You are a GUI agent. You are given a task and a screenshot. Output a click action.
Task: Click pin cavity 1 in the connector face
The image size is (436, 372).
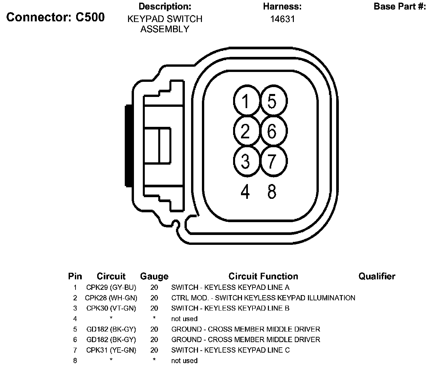click(245, 101)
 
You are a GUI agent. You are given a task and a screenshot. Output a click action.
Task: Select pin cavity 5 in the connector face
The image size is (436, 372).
click(272, 101)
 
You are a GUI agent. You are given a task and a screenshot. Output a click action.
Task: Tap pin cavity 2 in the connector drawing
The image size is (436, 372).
click(245, 131)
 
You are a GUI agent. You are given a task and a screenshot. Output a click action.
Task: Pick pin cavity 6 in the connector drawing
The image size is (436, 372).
click(272, 131)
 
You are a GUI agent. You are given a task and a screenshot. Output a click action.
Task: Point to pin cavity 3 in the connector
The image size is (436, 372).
click(245, 161)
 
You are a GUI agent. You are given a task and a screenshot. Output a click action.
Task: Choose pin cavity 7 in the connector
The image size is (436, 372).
click(272, 161)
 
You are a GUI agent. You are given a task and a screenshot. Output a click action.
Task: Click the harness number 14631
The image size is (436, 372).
click(282, 19)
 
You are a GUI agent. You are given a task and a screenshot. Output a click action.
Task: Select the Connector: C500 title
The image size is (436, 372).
click(55, 17)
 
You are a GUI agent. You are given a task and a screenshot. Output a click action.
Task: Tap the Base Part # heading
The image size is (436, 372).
click(400, 7)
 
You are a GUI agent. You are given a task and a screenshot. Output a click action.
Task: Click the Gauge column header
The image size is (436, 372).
click(154, 276)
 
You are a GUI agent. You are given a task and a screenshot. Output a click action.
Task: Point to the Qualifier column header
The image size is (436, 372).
click(377, 276)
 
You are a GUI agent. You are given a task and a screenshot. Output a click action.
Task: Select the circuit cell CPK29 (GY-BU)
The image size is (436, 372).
click(111, 288)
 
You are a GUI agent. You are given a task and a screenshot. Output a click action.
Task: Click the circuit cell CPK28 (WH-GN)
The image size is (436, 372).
click(111, 298)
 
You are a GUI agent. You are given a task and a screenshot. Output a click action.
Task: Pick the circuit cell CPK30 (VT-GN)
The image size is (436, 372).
click(111, 308)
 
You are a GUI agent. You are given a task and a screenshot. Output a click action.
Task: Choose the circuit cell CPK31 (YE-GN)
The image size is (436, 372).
click(111, 350)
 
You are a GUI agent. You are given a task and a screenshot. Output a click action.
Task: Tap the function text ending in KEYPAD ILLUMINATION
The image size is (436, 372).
click(263, 298)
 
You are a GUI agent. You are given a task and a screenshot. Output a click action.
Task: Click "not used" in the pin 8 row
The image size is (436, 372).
click(184, 361)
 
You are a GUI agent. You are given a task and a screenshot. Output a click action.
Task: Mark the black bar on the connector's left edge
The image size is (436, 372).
click(128, 146)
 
